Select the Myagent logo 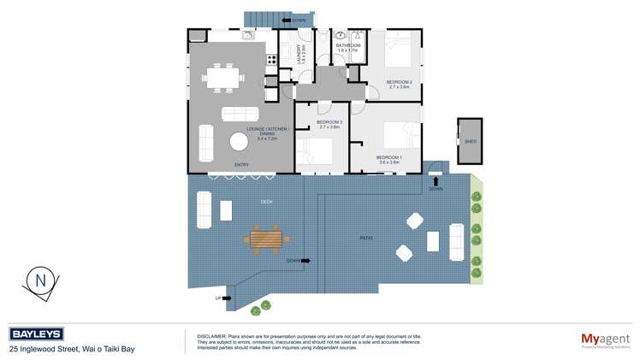coord(605,339)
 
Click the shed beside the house coord(470,141)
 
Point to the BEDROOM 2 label coord(400,83)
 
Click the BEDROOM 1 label coord(389,158)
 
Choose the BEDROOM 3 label coord(329,123)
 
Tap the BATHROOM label coord(347,46)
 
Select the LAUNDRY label coord(299,54)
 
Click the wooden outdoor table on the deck coord(264,237)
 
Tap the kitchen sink coord(247,36)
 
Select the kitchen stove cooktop coord(272,60)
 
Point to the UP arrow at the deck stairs coord(221,298)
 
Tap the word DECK coord(266,202)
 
